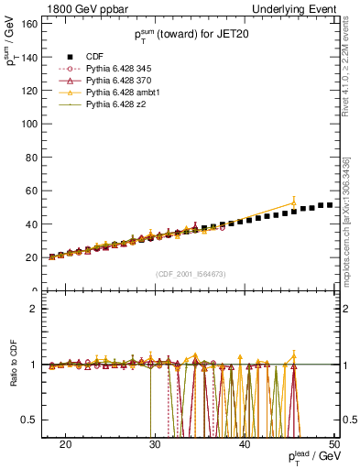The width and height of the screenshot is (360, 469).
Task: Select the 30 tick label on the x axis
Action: (155, 444)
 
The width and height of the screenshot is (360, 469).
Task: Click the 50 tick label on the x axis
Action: (334, 444)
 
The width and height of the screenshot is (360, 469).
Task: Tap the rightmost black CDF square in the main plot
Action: (330, 205)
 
